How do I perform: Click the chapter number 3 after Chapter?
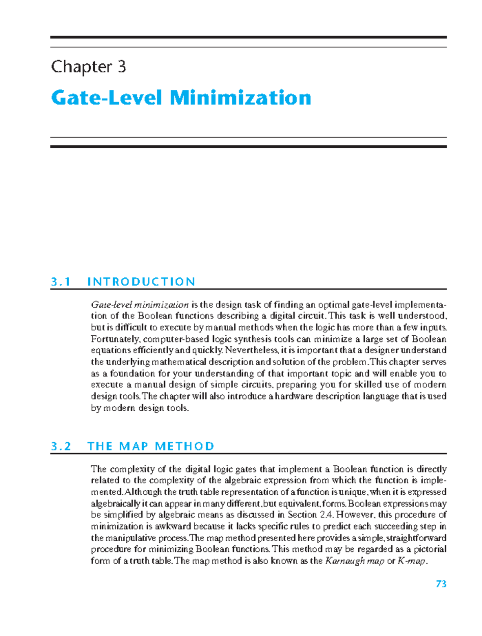coord(122,67)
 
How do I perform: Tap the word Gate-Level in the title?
coord(106,98)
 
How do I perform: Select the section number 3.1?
coord(61,282)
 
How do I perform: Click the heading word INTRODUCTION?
coord(141,282)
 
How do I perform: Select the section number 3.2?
coord(61,446)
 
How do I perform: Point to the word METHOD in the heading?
coord(184,446)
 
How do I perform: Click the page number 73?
coord(441,584)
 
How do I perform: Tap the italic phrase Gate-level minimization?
coord(139,304)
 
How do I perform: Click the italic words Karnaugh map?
coord(355,561)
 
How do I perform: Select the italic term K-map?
coord(411,561)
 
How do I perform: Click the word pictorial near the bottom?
coord(430,549)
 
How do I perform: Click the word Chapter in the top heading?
coord(82,67)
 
